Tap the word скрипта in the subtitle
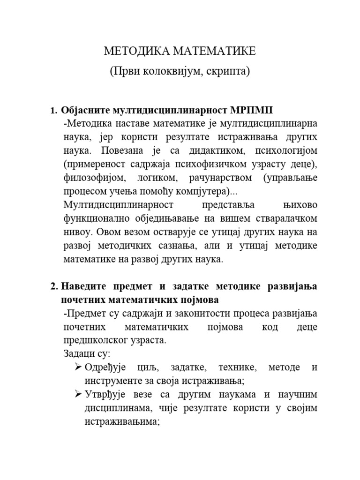tap(229, 71)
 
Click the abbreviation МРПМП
tap(252, 111)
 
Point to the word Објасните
tap(85, 111)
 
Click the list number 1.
tap(52, 111)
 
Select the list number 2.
tap(53, 286)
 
